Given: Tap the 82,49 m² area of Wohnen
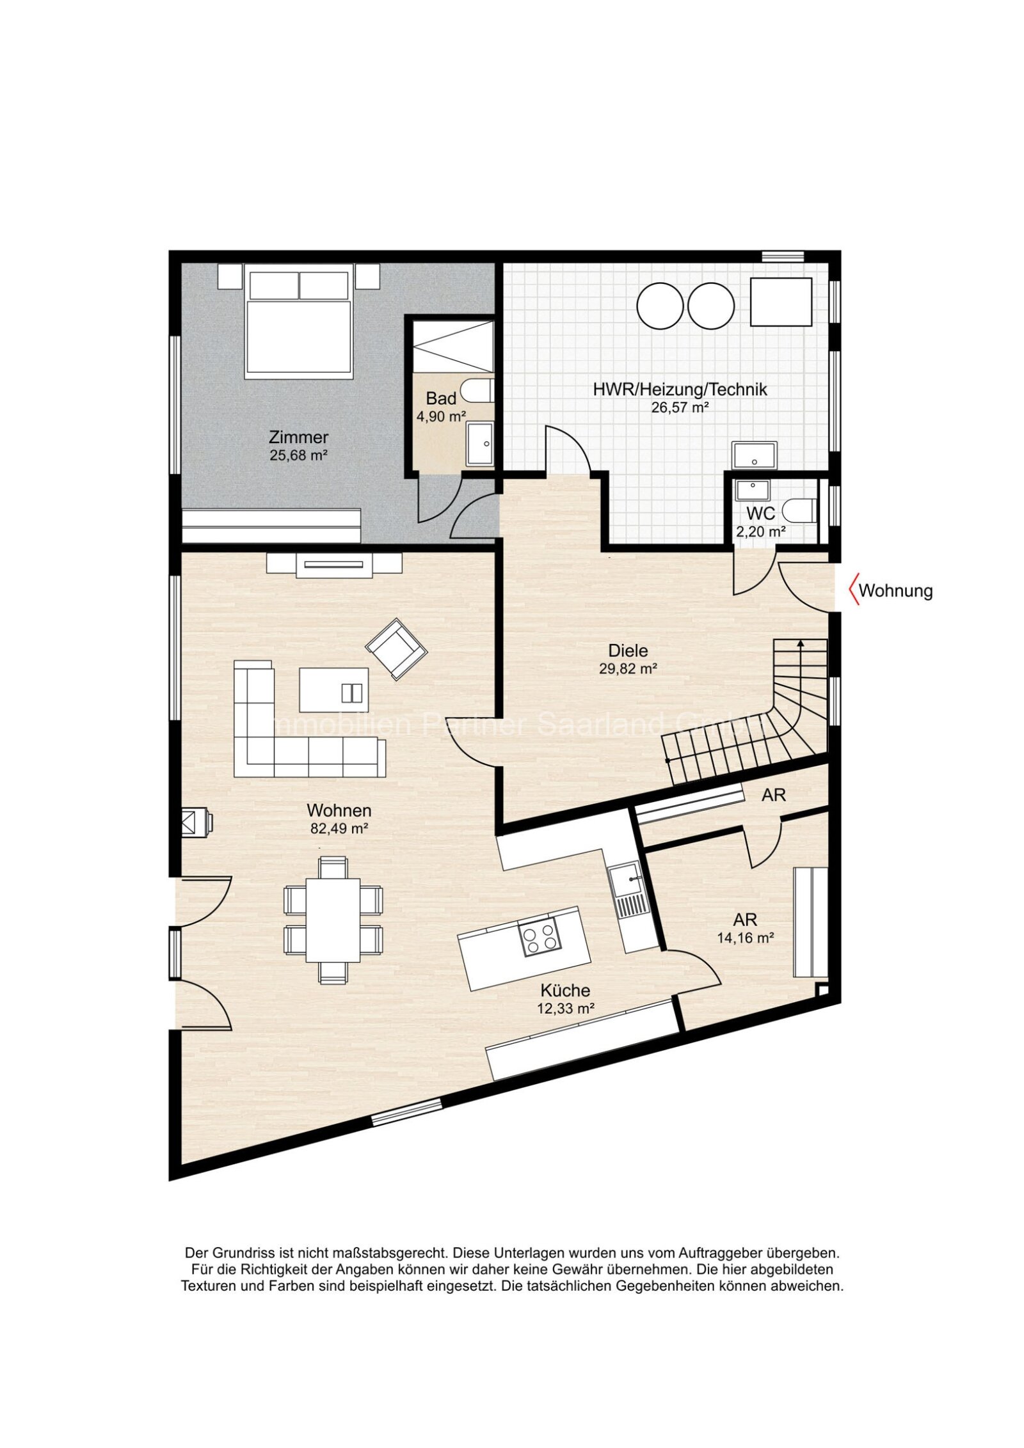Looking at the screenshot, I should click(339, 829).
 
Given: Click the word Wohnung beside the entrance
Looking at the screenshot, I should click(895, 590).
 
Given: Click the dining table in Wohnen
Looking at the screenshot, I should click(332, 920).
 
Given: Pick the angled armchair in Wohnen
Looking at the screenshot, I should click(396, 648).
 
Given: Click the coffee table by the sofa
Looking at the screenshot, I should click(333, 689).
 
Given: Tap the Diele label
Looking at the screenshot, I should click(627, 651).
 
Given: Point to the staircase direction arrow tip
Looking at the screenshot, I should click(800, 641).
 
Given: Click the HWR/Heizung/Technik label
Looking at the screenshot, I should click(679, 390).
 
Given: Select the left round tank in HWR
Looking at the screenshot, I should click(659, 306).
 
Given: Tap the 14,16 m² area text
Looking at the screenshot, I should click(745, 938).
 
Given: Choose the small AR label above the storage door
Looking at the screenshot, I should click(773, 795).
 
